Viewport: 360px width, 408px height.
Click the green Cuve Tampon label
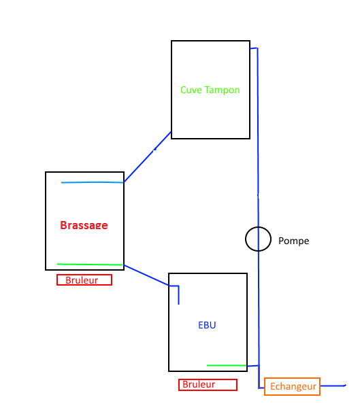pos(210,90)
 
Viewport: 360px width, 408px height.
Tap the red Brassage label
pos(84,225)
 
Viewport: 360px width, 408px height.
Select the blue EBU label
pos(207,325)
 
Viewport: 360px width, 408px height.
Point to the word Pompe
pos(293,241)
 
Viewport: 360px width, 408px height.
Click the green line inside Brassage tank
pos(90,265)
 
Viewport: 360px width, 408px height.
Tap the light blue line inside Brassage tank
pos(93,182)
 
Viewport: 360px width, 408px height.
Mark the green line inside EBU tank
pos(227,366)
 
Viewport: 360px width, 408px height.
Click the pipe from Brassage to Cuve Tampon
pos(148,157)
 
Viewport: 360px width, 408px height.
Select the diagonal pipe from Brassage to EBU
pos(147,275)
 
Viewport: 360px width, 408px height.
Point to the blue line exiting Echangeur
pos(333,386)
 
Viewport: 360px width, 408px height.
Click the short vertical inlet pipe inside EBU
pos(179,295)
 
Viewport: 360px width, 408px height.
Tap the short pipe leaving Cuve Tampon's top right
pos(254,48)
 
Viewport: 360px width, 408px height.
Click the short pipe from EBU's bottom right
pos(253,366)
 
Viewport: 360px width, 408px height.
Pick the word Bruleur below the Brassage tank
pos(82,280)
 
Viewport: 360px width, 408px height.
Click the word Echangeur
pos(293,387)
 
